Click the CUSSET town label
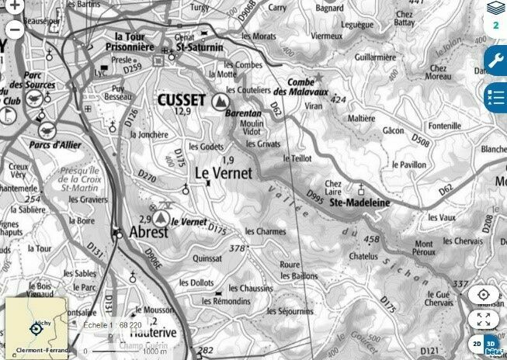[x=181, y=100]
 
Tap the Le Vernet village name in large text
[x=224, y=174]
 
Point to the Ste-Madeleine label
[x=359, y=202]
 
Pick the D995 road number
[x=315, y=192]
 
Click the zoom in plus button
[x=15, y=7]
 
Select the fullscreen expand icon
[x=483, y=319]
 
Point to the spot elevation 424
[x=338, y=100]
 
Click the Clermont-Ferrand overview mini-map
[x=36, y=327]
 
